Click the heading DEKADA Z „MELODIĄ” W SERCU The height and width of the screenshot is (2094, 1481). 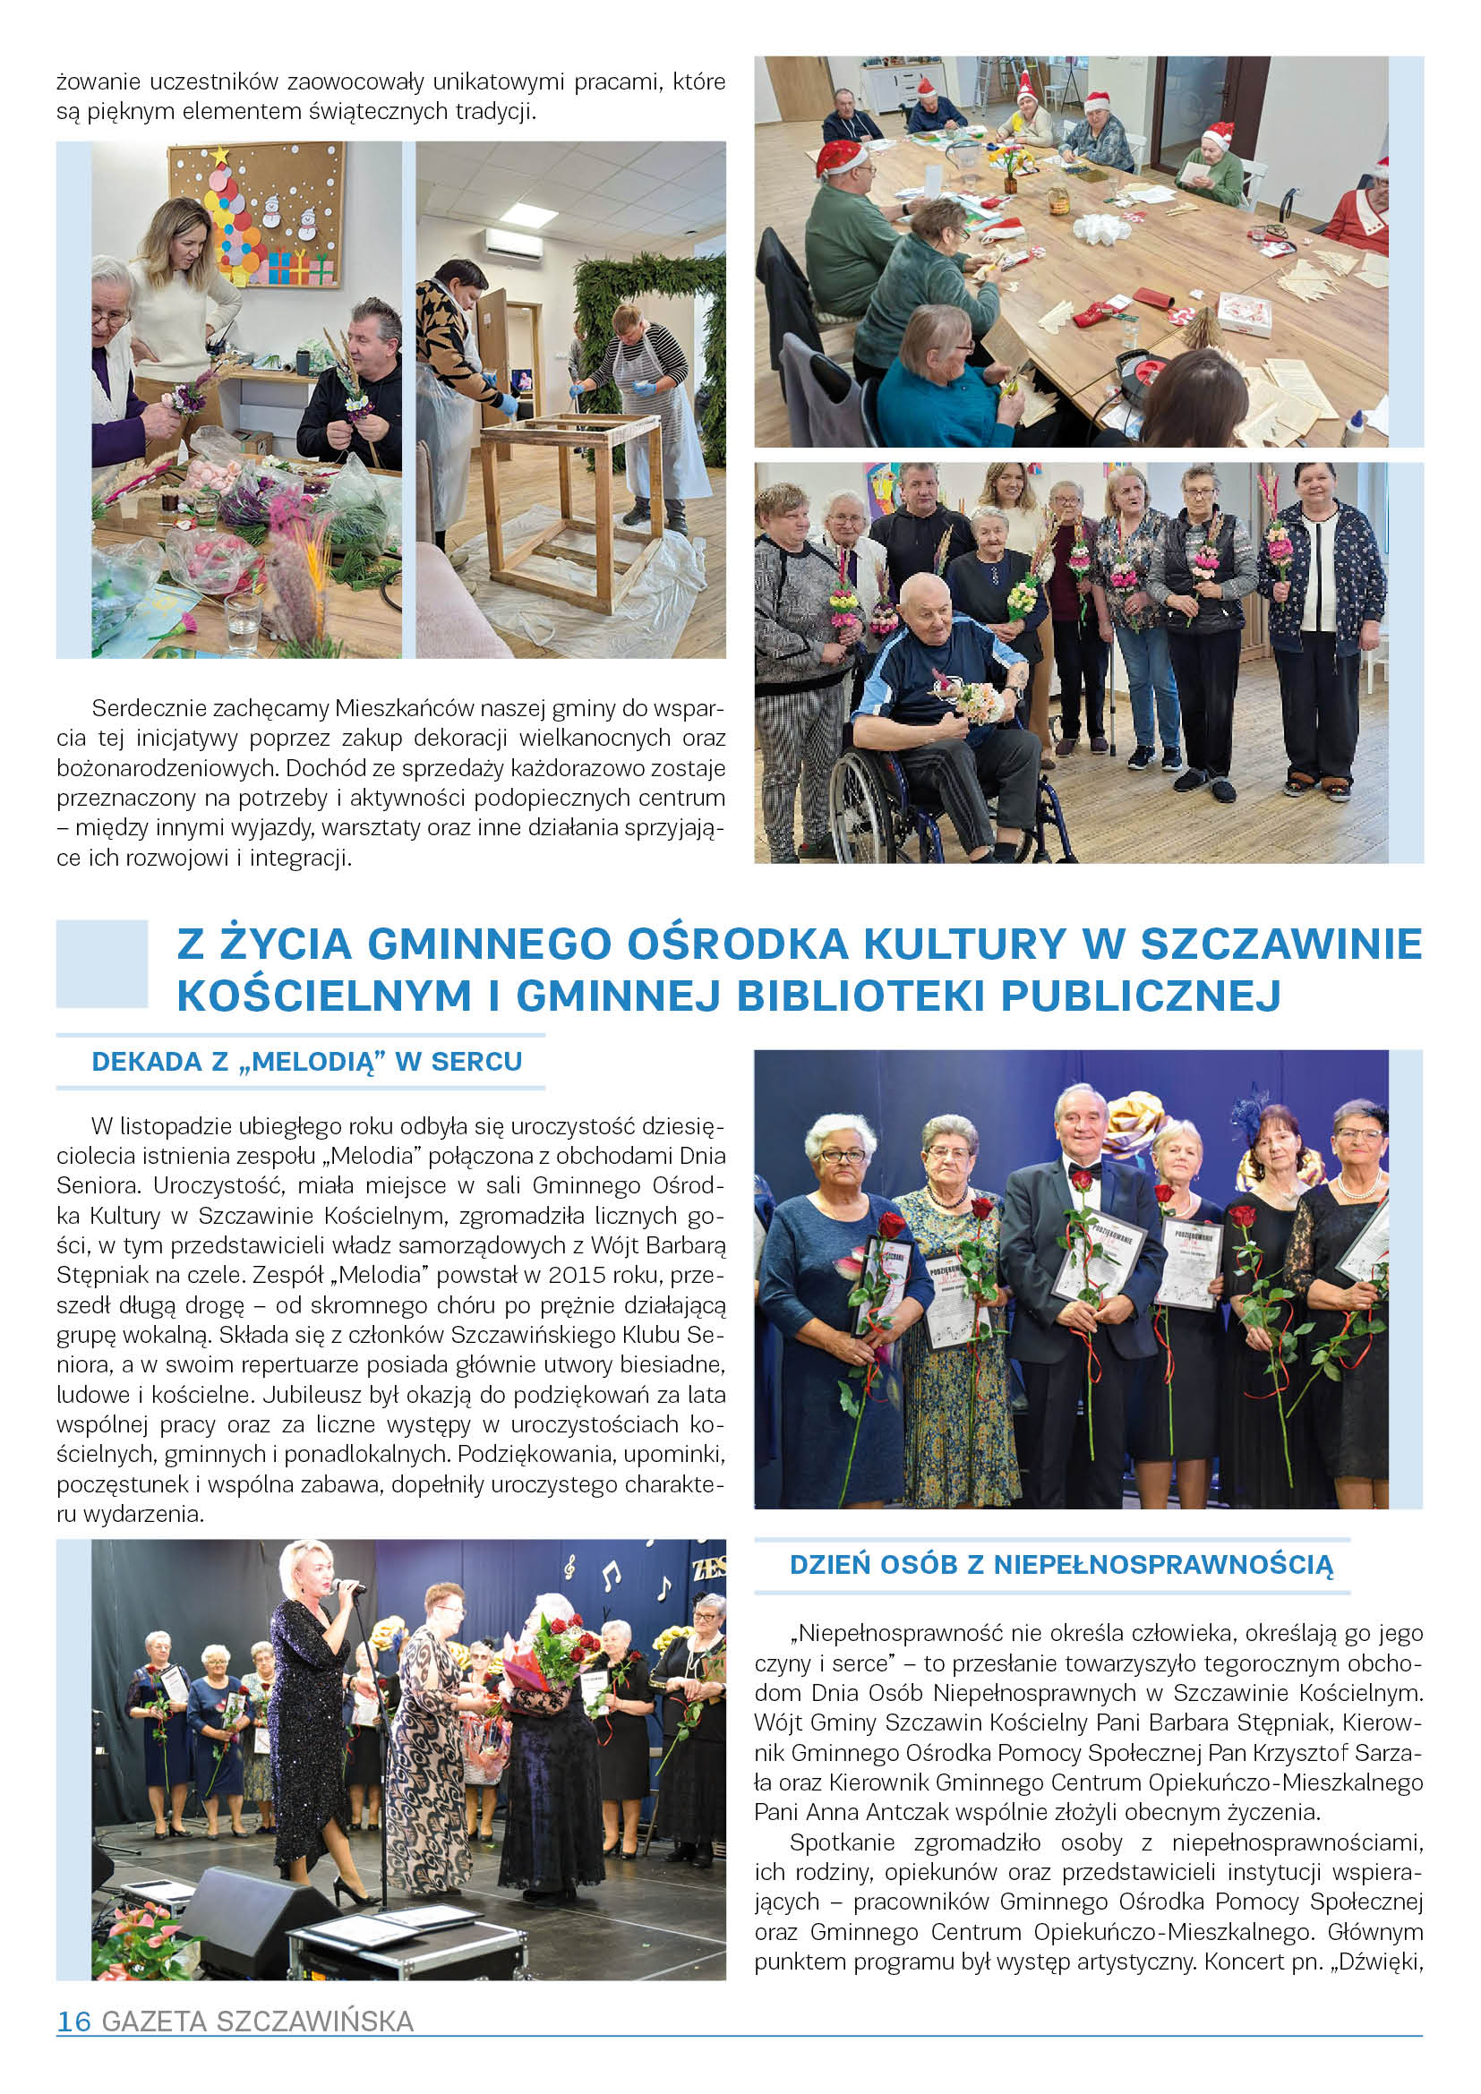point(306,1062)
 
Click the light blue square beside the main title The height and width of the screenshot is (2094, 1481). point(102,964)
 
